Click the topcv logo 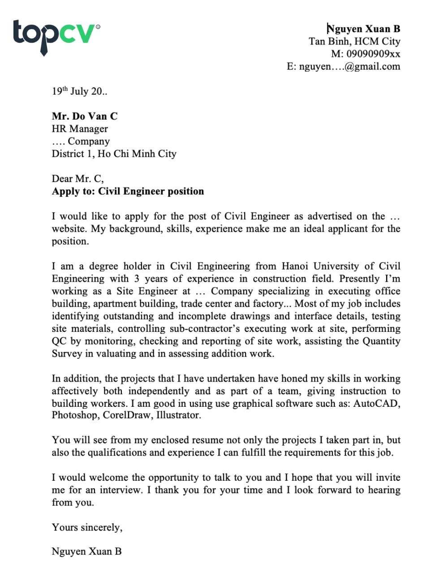pyautogui.click(x=56, y=36)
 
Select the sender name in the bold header pyautogui.click(x=363, y=29)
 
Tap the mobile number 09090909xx pyautogui.click(x=373, y=54)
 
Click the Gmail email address pyautogui.click(x=349, y=66)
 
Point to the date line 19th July pyautogui.click(x=79, y=91)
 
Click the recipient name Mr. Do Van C pyautogui.click(x=85, y=117)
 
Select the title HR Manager pyautogui.click(x=80, y=129)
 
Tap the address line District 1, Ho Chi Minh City pyautogui.click(x=114, y=154)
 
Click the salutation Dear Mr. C pyautogui.click(x=78, y=179)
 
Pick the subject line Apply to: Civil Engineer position pyautogui.click(x=128, y=191)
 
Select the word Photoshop pyautogui.click(x=74, y=415)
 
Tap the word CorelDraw pyautogui.click(x=127, y=415)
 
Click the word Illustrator pyautogui.click(x=178, y=415)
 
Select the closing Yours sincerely pyautogui.click(x=87, y=527)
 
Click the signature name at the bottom pyautogui.click(x=86, y=552)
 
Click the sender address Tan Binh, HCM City pyautogui.click(x=354, y=42)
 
